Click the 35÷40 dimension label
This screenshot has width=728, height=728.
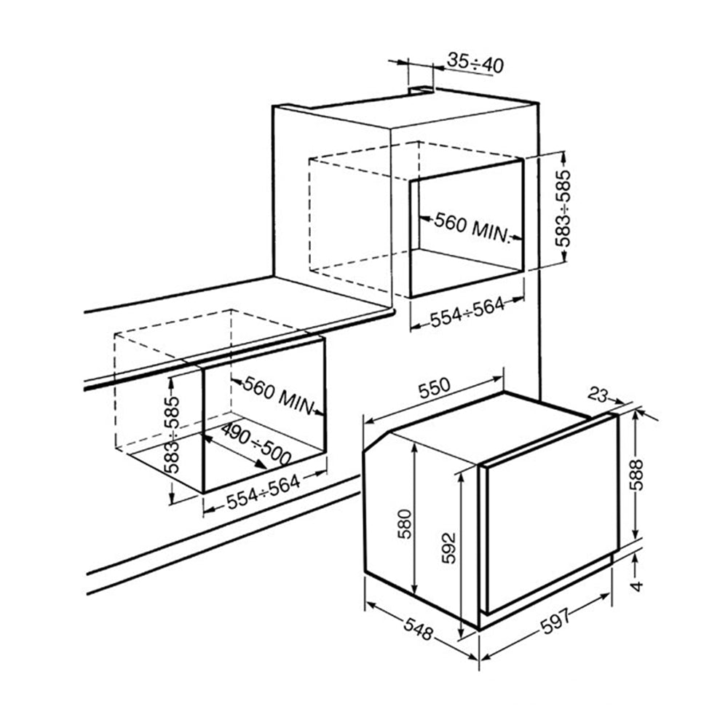click(475, 63)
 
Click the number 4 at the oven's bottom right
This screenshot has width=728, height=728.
click(637, 586)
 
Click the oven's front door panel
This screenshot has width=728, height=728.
click(550, 521)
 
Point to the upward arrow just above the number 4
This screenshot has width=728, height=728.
click(636, 558)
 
